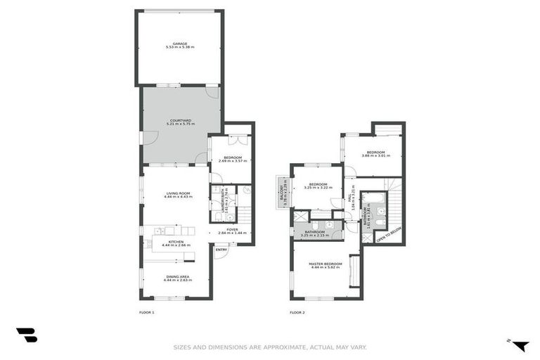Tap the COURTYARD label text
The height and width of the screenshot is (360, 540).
click(180, 120)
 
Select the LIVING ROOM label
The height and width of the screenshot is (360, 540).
click(179, 193)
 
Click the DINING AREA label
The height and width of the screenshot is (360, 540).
click(177, 276)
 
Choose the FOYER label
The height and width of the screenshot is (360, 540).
click(232, 229)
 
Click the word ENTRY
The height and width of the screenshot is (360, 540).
click(221, 250)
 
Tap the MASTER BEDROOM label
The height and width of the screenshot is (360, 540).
click(325, 264)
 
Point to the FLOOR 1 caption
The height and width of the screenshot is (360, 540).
click(147, 311)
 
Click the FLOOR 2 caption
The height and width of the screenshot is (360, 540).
click(297, 311)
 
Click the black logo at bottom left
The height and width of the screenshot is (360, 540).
click(27, 335)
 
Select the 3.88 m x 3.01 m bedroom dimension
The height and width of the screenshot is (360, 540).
click(375, 155)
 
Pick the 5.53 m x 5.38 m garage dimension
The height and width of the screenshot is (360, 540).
click(180, 46)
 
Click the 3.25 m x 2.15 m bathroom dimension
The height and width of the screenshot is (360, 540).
click(315, 235)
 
